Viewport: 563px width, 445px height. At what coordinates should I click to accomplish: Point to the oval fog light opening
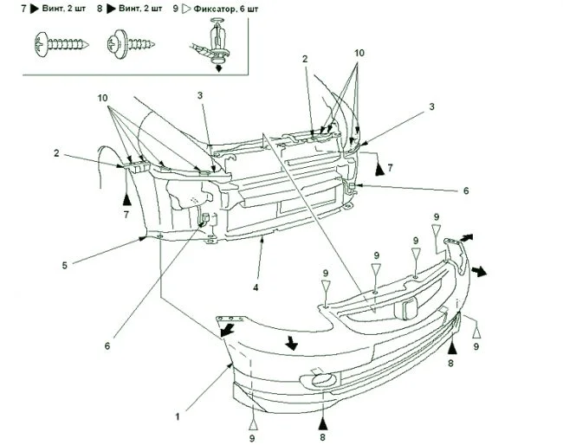pyautogui.click(x=318, y=378)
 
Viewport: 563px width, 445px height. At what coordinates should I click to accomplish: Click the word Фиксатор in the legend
pyautogui.click(x=205, y=8)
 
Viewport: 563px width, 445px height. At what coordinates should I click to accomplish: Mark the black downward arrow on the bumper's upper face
pyautogui.click(x=292, y=343)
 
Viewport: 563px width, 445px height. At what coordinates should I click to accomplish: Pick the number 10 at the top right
pyautogui.click(x=359, y=54)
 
